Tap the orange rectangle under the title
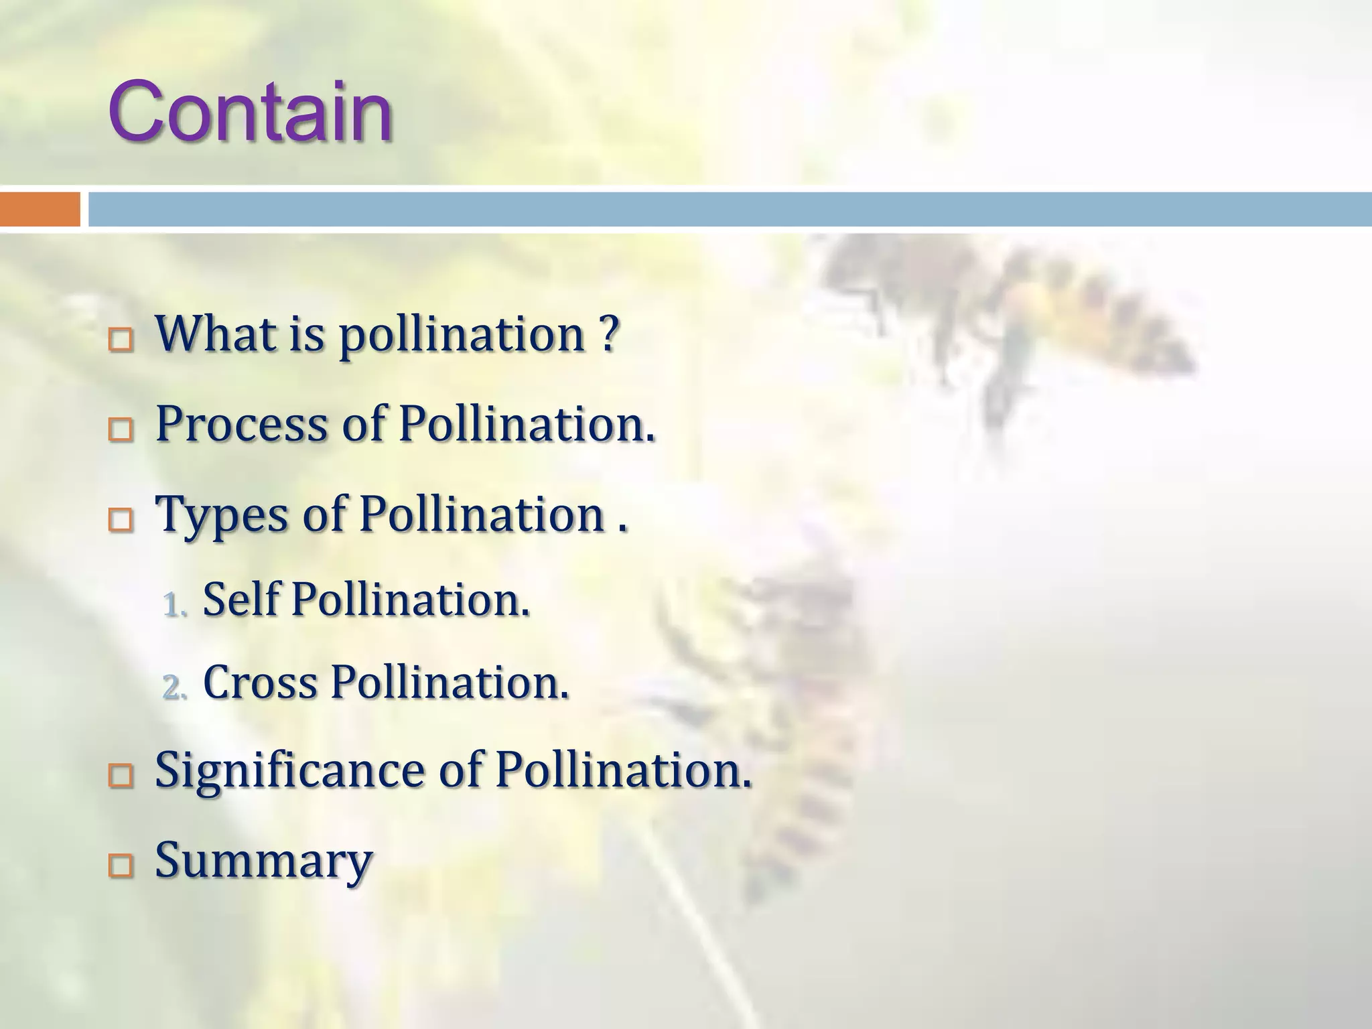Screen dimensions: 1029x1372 coord(40,209)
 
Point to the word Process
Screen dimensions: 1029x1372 coord(241,424)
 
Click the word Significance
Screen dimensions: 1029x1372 coord(289,771)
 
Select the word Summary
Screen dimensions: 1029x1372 coord(263,861)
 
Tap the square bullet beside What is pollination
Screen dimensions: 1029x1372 coord(121,341)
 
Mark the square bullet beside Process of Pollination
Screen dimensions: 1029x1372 coord(121,431)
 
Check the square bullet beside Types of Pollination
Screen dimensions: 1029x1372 coord(121,521)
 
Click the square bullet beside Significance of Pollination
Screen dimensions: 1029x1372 coord(121,777)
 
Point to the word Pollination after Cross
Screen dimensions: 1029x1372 coord(449,683)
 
